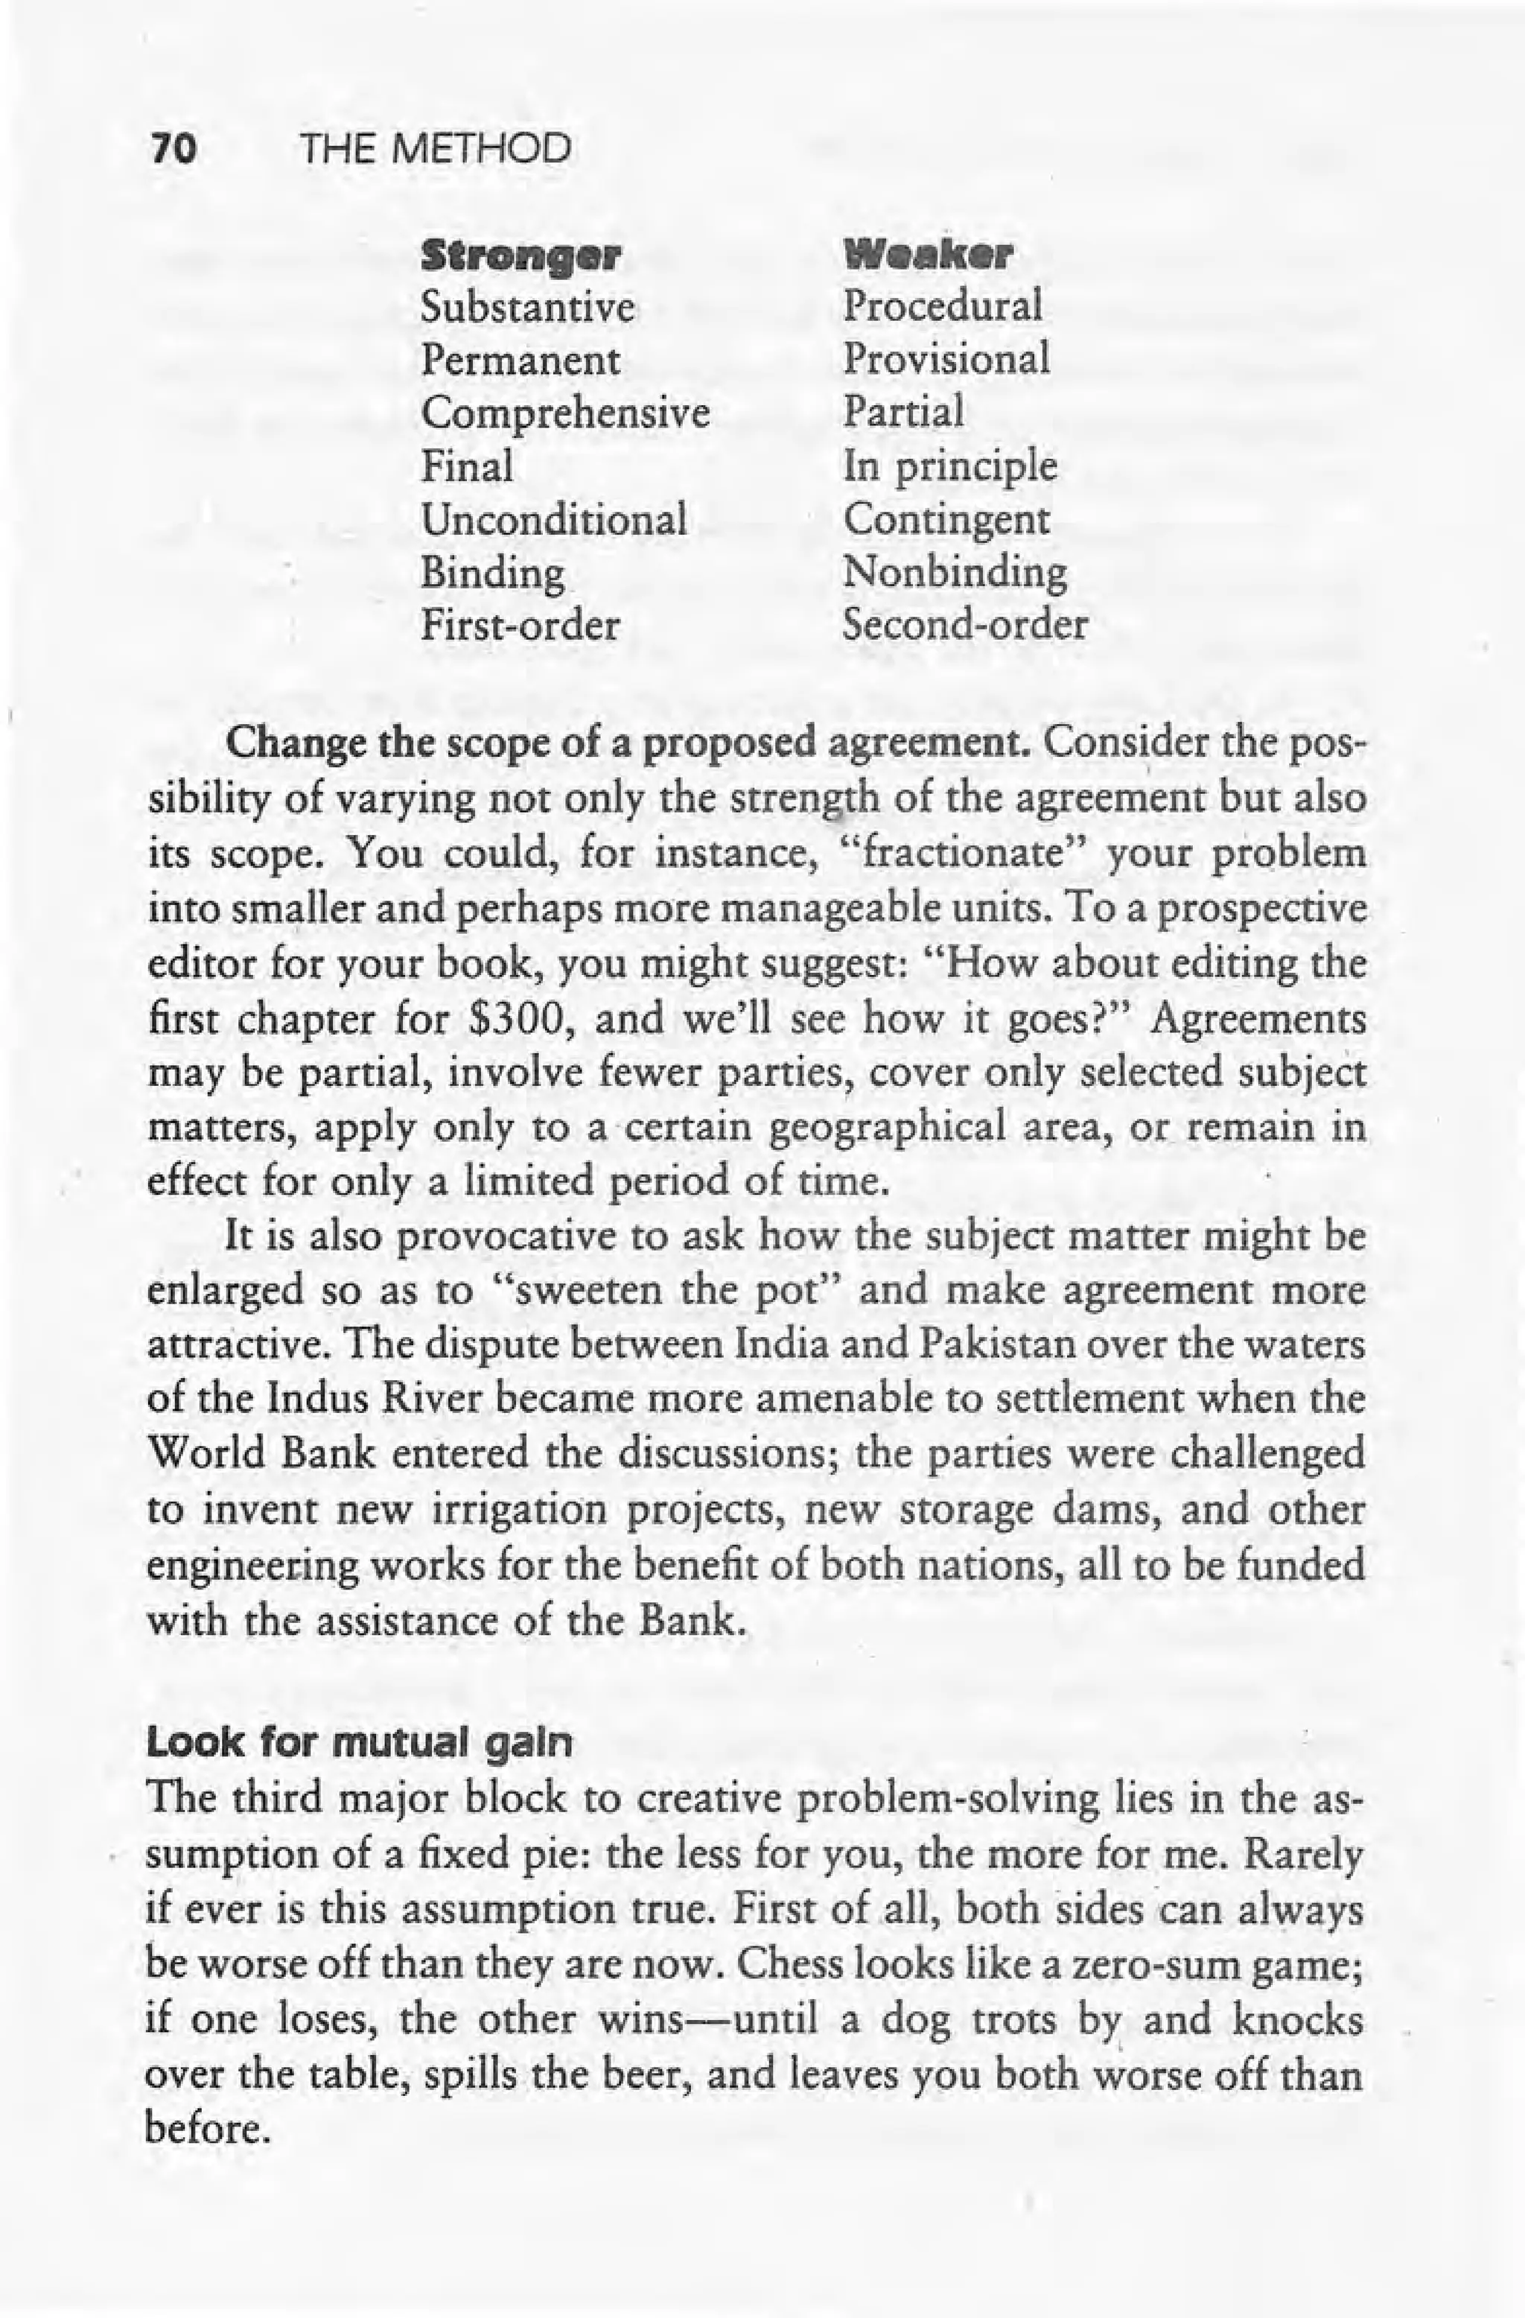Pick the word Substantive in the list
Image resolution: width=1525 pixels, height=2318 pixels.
pos(528,308)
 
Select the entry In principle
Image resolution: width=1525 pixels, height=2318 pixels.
pos(949,466)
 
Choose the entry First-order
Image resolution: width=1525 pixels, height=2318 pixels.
pos(519,623)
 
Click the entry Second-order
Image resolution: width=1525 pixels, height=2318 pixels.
pos(964,623)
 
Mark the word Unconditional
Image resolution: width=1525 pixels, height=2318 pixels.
pos(554,518)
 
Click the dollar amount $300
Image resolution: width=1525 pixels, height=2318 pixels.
pos(522,1020)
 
